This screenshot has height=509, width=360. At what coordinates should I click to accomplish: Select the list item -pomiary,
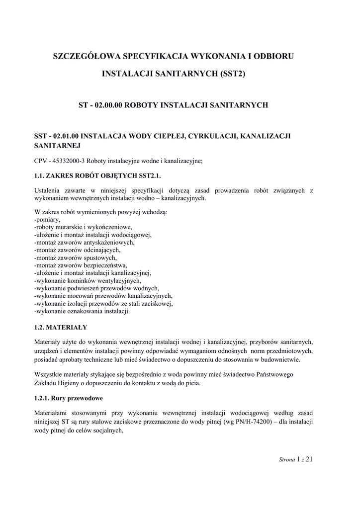47,219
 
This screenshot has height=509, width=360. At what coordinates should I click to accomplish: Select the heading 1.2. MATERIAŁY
61,327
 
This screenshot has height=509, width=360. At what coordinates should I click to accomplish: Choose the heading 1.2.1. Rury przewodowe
68,398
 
